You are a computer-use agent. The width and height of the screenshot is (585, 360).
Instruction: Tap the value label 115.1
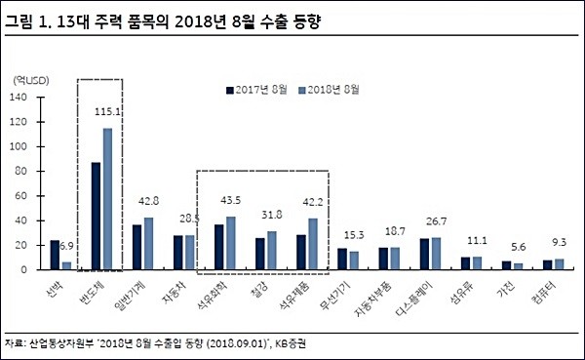pyautogui.click(x=108, y=114)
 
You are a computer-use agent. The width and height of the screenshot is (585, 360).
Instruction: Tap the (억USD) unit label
pyautogui.click(x=32, y=78)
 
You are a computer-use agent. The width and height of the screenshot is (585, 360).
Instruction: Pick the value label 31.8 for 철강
pyautogui.click(x=272, y=217)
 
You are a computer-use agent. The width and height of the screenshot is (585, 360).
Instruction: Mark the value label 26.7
pyautogui.click(x=431, y=221)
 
